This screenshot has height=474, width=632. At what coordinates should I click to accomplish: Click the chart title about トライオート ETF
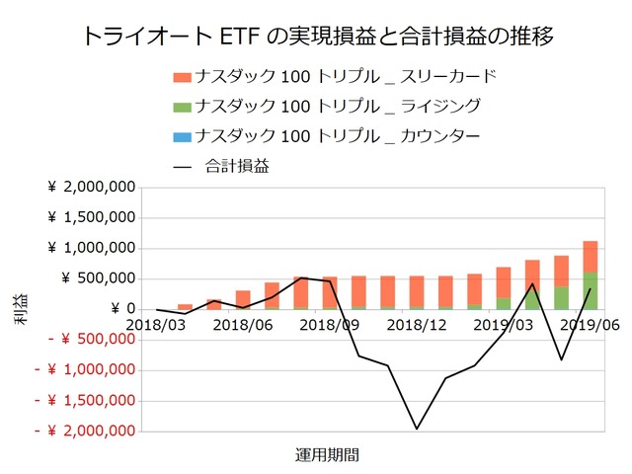(315, 37)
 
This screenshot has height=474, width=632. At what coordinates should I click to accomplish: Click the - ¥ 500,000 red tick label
(84, 340)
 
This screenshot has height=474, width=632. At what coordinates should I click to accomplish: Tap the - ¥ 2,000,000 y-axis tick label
(84, 431)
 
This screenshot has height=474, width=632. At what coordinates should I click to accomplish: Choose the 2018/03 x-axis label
(156, 323)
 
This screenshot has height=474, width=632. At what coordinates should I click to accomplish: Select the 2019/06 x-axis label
(590, 323)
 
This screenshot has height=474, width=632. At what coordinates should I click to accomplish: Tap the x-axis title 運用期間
(327, 455)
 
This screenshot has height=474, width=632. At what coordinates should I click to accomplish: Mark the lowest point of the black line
(417, 429)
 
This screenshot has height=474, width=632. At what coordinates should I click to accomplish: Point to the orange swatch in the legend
(181, 77)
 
